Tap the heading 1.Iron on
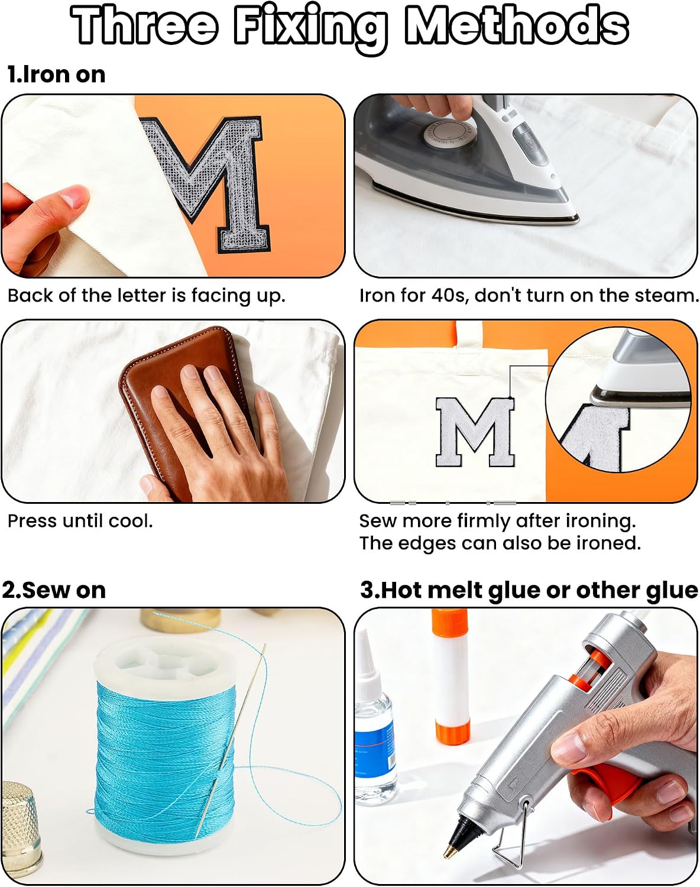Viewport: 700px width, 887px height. pyautogui.click(x=57, y=75)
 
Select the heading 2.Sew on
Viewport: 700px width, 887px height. pyautogui.click(x=54, y=590)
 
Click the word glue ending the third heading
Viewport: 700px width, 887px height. pyautogui.click(x=672, y=591)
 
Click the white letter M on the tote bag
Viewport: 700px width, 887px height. pyautogui.click(x=475, y=432)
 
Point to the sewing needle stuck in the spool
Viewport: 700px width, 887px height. pyautogui.click(x=231, y=742)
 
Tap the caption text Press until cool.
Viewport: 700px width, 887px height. pyautogui.click(x=80, y=521)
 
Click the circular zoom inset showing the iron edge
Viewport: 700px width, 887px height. pyautogui.click(x=618, y=400)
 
